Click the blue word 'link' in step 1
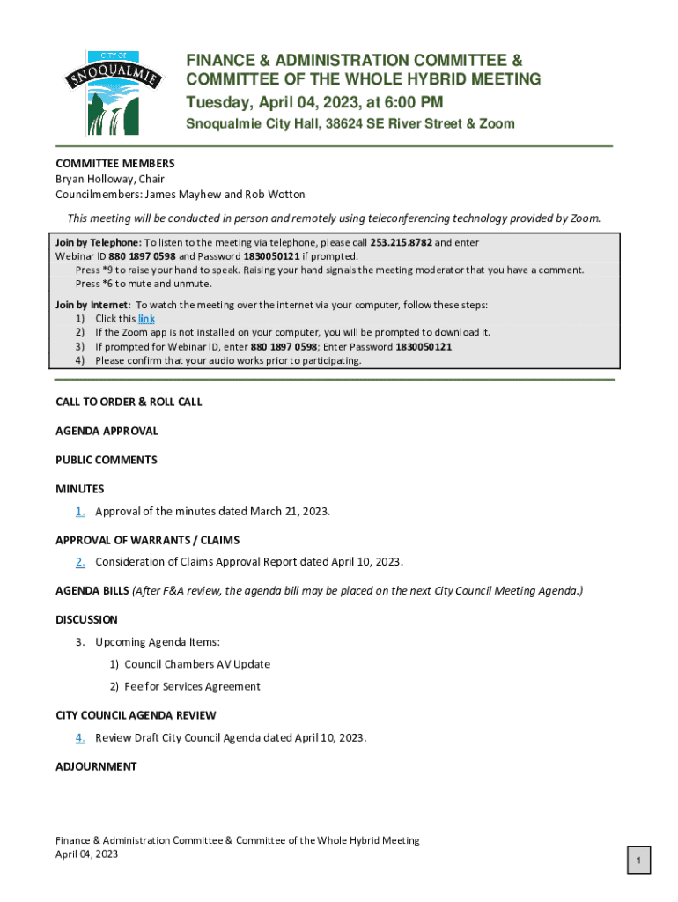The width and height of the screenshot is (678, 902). [146, 319]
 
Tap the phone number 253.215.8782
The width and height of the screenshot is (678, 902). [401, 242]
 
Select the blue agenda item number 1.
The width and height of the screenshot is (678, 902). [80, 511]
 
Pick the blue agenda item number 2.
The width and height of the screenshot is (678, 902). [80, 561]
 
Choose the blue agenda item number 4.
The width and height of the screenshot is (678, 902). [80, 737]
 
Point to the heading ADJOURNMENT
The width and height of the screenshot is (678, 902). [96, 766]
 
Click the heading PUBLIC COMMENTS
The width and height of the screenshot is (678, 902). [107, 460]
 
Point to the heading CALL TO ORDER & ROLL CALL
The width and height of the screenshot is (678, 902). [129, 402]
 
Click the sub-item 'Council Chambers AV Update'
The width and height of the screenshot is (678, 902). [197, 664]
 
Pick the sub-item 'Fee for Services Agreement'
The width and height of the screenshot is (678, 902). [192, 686]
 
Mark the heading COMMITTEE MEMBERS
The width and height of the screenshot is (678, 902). [115, 163]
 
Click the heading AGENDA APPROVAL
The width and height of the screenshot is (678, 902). [107, 431]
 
